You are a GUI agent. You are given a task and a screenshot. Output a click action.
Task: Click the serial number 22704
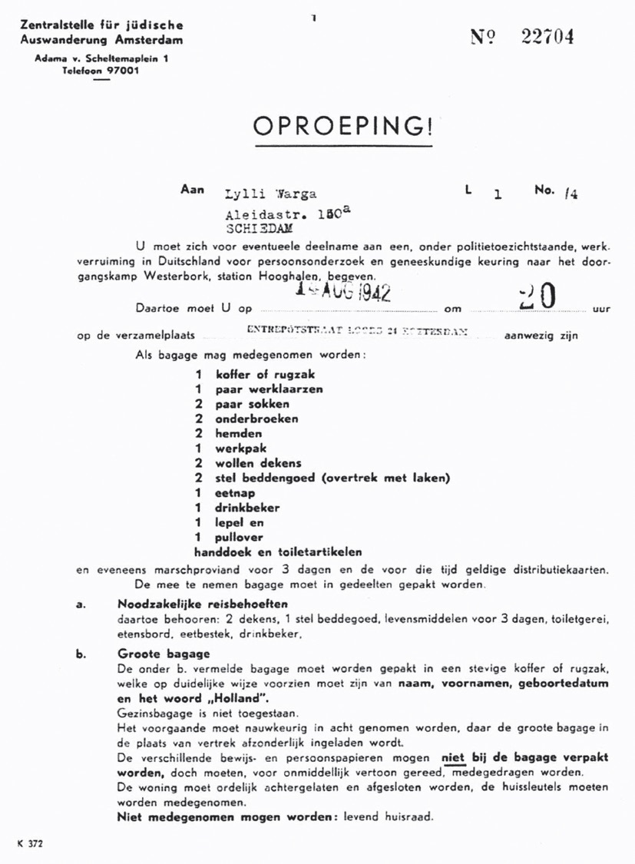pyautogui.click(x=547, y=37)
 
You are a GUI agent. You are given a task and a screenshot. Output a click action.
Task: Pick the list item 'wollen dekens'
pyautogui.click(x=259, y=463)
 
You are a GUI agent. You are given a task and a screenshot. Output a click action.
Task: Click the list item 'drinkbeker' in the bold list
pyautogui.click(x=247, y=508)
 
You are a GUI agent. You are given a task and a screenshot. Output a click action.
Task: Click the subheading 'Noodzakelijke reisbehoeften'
pyautogui.click(x=203, y=604)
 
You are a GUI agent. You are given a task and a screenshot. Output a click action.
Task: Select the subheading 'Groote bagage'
pyautogui.click(x=164, y=654)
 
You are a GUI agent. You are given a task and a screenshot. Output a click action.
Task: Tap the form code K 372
pyautogui.click(x=29, y=842)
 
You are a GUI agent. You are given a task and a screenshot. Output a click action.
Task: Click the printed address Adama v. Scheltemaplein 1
pyautogui.click(x=102, y=59)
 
